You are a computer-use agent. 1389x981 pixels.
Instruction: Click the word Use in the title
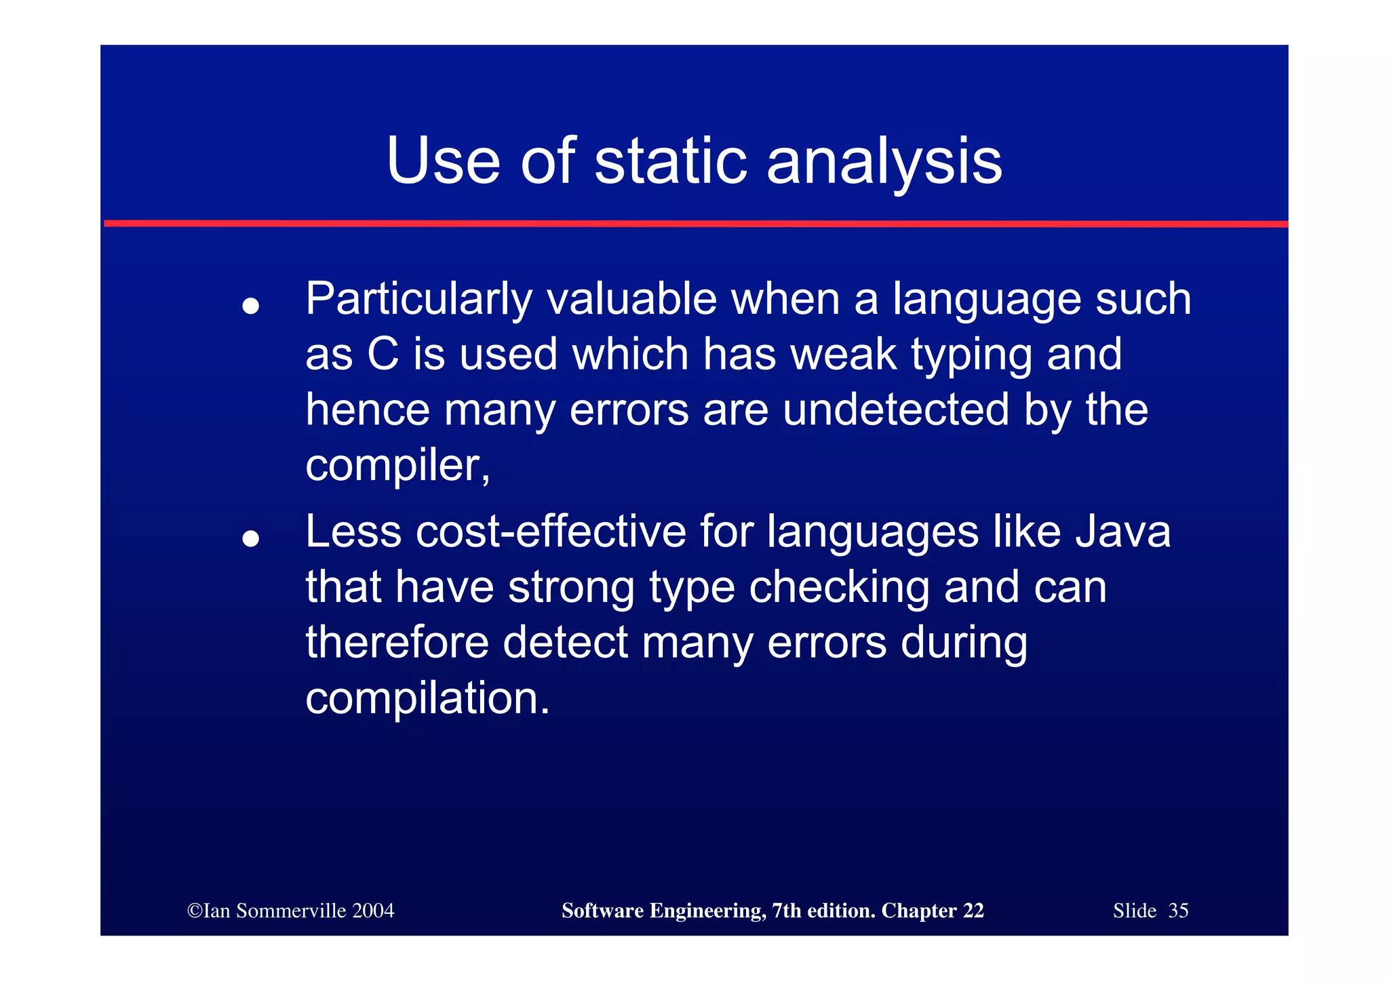pyautogui.click(x=443, y=161)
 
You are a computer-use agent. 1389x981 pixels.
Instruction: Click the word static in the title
pyautogui.click(x=670, y=161)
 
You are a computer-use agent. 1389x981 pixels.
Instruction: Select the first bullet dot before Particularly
pyautogui.click(x=251, y=306)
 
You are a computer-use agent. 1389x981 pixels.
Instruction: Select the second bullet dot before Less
pyautogui.click(x=251, y=539)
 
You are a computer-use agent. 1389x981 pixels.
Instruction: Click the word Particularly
pyautogui.click(x=418, y=300)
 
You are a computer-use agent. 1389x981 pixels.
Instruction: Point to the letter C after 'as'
pyautogui.click(x=383, y=355)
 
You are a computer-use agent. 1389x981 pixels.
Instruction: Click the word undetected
pyautogui.click(x=895, y=410)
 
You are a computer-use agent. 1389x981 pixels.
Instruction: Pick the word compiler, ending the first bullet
pyautogui.click(x=397, y=466)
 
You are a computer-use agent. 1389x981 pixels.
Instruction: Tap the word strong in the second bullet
pyautogui.click(x=571, y=588)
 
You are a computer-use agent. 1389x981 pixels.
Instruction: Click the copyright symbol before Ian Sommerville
pyautogui.click(x=195, y=910)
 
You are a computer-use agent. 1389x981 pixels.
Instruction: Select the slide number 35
pyautogui.click(x=1178, y=910)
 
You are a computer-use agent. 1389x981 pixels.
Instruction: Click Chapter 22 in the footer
pyautogui.click(x=932, y=910)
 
